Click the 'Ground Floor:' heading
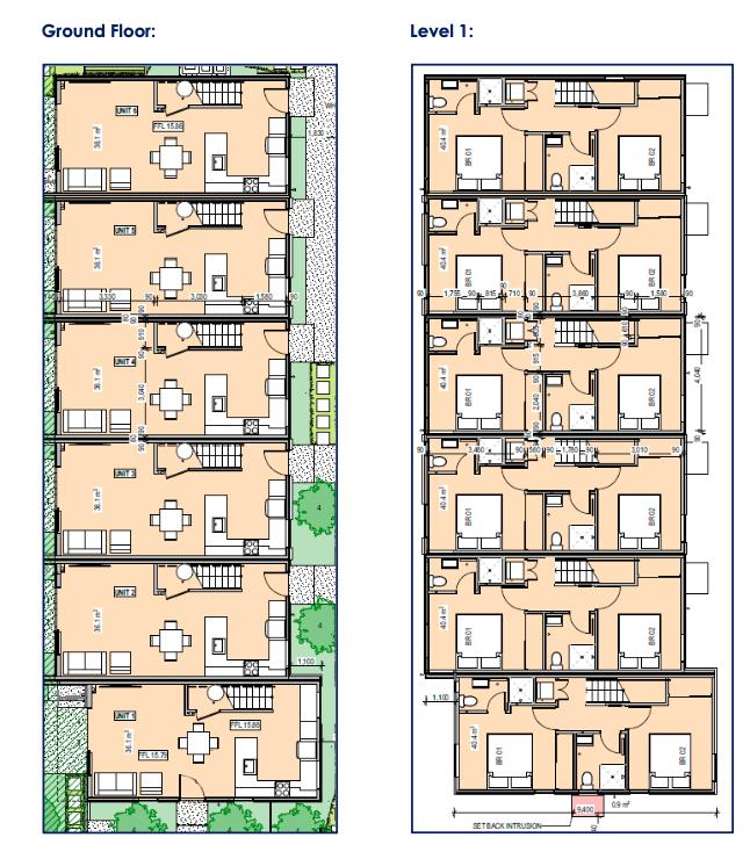(x=99, y=30)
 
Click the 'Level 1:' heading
(x=441, y=30)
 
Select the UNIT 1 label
(x=124, y=715)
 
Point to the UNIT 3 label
(x=125, y=473)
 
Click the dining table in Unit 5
(x=169, y=278)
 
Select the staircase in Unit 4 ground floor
(x=218, y=336)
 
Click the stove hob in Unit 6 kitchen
(x=251, y=183)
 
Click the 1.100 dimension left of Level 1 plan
(x=440, y=697)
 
